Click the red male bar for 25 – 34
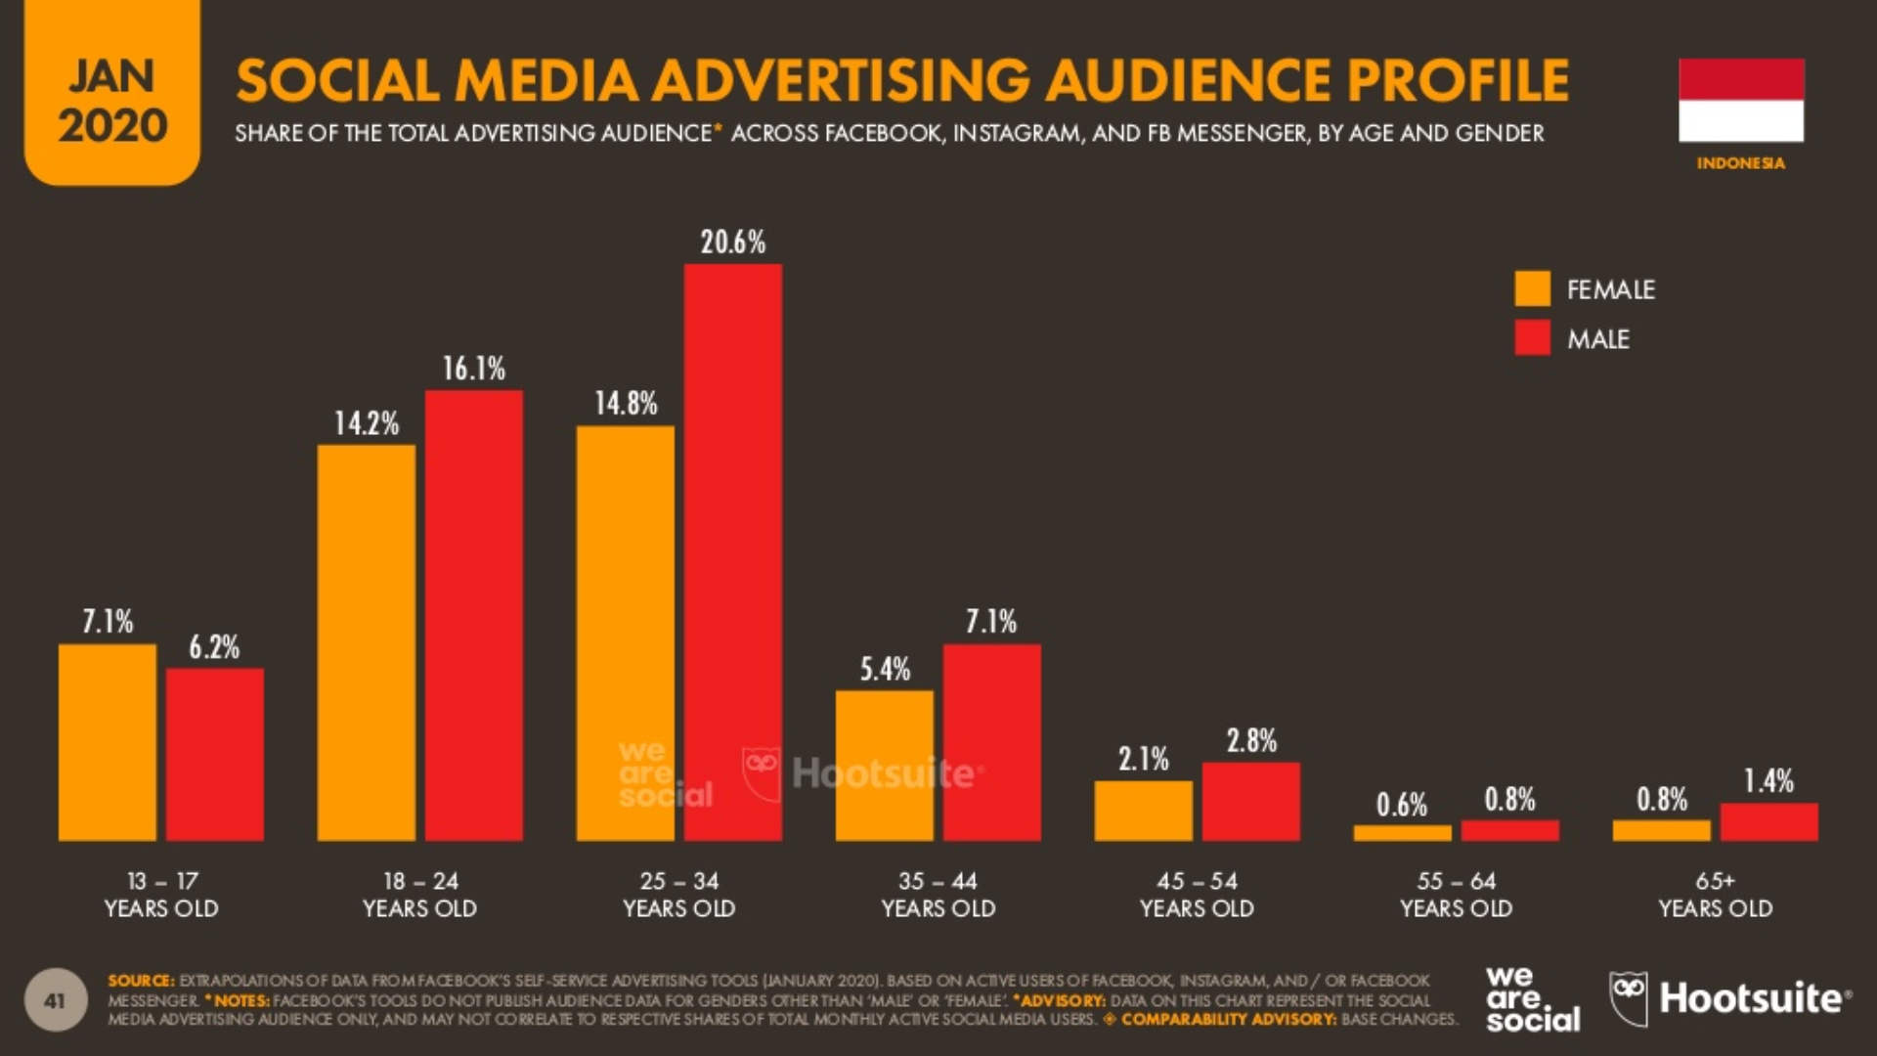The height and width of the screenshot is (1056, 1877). (x=732, y=552)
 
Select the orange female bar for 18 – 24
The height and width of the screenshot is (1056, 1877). (x=366, y=642)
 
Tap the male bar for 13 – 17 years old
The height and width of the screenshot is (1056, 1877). (x=214, y=754)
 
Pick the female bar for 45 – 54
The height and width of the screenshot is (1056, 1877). (x=1143, y=811)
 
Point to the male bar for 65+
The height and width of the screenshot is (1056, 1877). (x=1768, y=821)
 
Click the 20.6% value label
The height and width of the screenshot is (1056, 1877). (x=732, y=242)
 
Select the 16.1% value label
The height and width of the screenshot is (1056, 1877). (x=473, y=369)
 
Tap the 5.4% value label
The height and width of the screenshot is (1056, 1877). (x=885, y=670)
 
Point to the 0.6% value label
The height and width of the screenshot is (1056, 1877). (x=1401, y=805)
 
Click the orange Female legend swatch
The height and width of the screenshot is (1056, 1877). (x=1532, y=288)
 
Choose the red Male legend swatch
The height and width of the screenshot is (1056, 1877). (x=1532, y=338)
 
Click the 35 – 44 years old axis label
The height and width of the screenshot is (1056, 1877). (x=938, y=895)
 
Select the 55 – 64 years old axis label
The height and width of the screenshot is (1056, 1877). (x=1456, y=895)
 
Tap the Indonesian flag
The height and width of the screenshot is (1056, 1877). (x=1740, y=100)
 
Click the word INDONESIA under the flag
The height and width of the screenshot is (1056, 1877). (x=1740, y=163)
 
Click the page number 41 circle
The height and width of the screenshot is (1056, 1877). (x=55, y=1000)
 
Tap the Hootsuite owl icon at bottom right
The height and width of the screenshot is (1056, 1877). (x=1628, y=997)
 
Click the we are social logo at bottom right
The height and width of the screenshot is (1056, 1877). (x=1532, y=998)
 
